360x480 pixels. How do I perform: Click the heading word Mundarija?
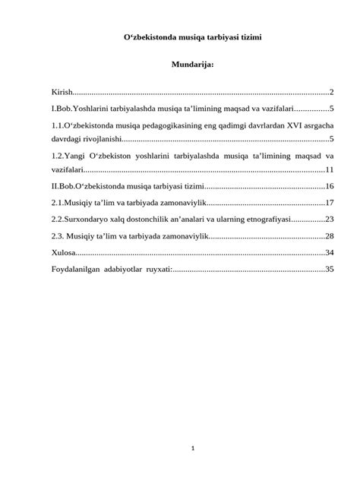tap(193, 65)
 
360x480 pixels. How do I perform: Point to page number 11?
tap(330, 169)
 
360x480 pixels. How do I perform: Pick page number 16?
tap(330, 186)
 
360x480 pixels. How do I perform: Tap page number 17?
tap(330, 203)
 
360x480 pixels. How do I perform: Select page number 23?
tap(330, 219)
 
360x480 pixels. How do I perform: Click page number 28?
tap(330, 236)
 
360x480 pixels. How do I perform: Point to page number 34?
tap(330, 252)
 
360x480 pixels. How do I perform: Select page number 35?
tap(330, 269)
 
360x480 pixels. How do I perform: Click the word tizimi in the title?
tap(248, 36)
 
